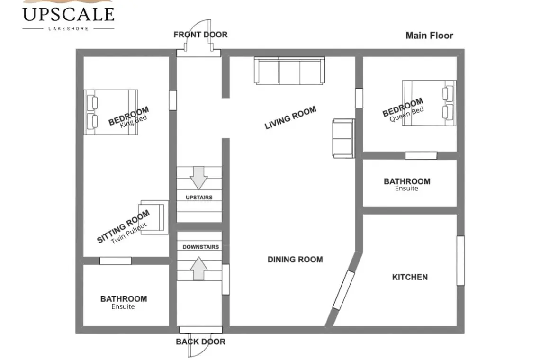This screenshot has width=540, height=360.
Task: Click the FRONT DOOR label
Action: click(x=200, y=35)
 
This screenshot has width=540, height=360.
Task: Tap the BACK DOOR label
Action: click(x=200, y=342)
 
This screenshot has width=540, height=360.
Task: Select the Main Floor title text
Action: click(x=429, y=36)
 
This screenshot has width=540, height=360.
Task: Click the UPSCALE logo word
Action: click(x=68, y=15)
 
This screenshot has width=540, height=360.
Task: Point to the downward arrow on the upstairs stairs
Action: click(x=199, y=178)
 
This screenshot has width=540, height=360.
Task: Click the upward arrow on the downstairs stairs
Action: click(x=199, y=269)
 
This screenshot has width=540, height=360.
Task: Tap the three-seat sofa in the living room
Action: click(x=289, y=71)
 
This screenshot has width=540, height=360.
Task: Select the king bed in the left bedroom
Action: click(x=111, y=112)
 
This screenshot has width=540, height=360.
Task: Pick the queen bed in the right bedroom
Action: click(x=429, y=103)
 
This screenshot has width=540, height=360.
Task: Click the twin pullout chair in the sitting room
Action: click(x=153, y=217)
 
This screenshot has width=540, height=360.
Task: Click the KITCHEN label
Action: click(x=410, y=277)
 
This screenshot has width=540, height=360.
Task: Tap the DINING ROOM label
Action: click(x=295, y=260)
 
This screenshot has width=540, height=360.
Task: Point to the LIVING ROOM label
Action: click(x=290, y=118)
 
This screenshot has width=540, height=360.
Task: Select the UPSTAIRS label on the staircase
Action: click(x=199, y=198)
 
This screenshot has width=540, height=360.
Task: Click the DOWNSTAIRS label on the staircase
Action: click(x=201, y=247)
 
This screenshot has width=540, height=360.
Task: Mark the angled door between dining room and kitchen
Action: click(x=344, y=290)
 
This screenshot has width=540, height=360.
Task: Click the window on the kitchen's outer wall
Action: click(x=460, y=261)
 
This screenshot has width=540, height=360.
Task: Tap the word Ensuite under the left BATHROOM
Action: click(x=123, y=306)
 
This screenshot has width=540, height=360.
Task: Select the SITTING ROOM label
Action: click(x=123, y=226)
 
